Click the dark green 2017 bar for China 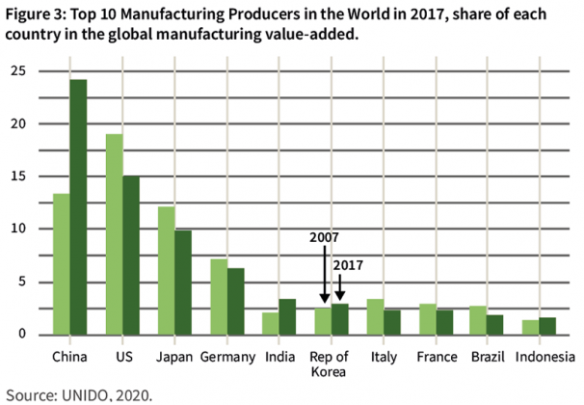point(77,207)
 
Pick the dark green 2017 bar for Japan point(182,283)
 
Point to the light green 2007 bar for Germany point(219,297)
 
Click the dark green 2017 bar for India point(288,317)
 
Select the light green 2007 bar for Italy point(377,317)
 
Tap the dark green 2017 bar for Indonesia point(548,326)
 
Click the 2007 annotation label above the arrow point(324,236)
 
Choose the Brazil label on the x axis point(488,356)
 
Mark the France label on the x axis point(437,356)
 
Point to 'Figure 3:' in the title point(36,13)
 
